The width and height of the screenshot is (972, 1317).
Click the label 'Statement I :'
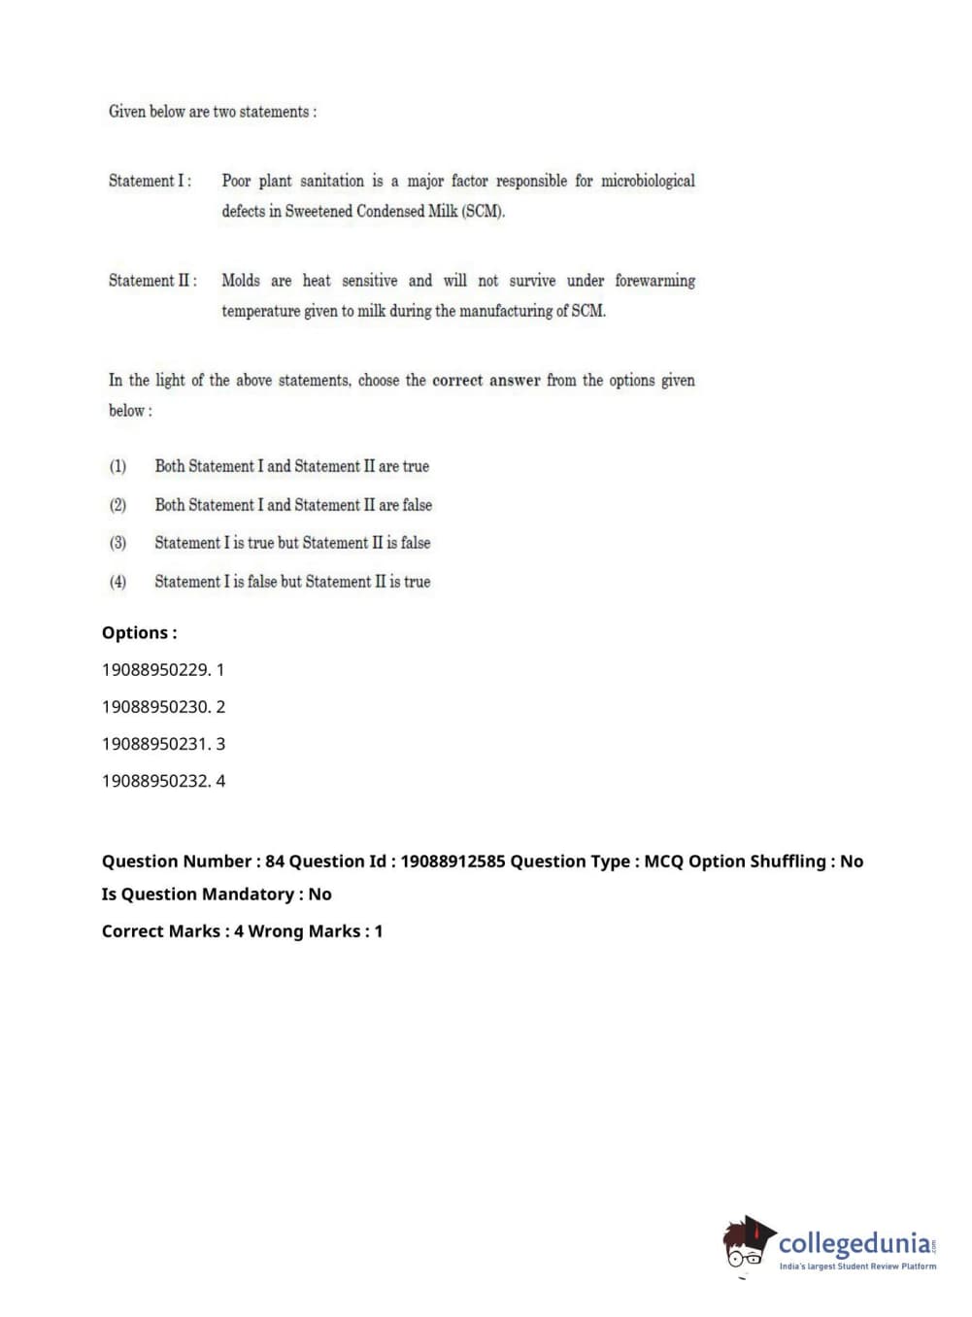coord(150,181)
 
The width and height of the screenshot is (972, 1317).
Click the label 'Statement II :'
coord(152,281)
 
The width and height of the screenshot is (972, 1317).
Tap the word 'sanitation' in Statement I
coord(332,181)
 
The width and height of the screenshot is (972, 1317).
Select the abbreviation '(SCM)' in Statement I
coord(483,211)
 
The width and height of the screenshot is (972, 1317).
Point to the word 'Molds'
coord(241,281)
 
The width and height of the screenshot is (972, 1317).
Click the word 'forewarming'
coord(654,281)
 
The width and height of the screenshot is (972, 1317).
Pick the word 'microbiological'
coord(648,181)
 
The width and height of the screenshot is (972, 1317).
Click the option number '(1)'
coord(117,466)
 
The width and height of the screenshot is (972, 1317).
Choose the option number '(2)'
coord(117,505)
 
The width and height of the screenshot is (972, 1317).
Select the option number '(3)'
coord(117,543)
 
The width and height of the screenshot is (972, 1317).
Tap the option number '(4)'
coord(117,582)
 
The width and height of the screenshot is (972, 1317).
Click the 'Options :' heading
coord(139,633)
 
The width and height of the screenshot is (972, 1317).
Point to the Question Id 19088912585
coord(452,861)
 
